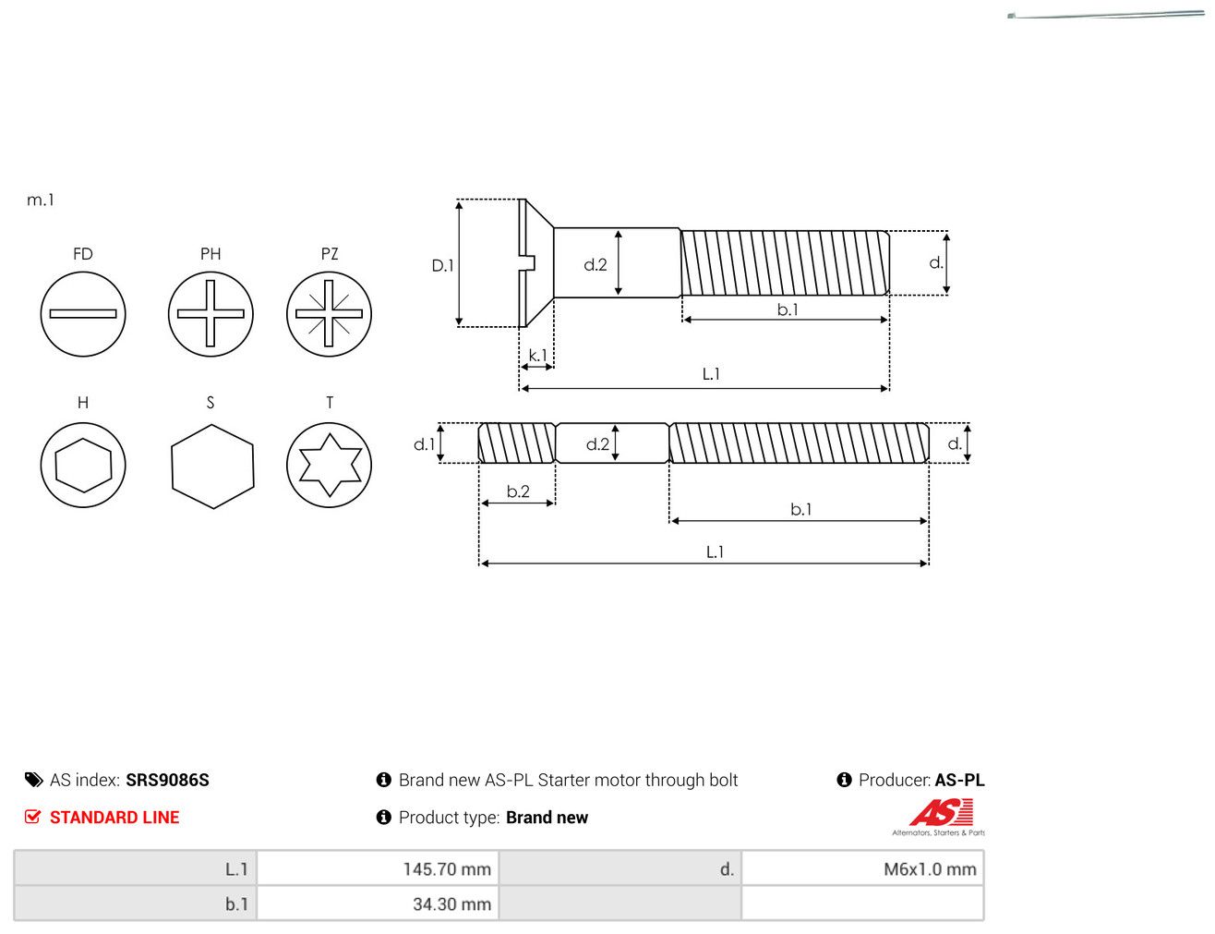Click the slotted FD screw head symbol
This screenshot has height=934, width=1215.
click(x=83, y=314)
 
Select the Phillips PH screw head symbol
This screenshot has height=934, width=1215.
click(x=211, y=314)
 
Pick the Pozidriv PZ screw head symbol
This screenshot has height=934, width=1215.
click(x=329, y=314)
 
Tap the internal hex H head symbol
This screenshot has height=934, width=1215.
click(x=83, y=465)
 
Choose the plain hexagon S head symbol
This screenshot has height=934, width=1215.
click(x=212, y=467)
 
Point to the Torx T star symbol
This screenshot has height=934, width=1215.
click(x=329, y=465)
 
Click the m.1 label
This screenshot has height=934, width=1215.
click(x=41, y=200)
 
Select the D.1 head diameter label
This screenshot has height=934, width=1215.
click(x=442, y=266)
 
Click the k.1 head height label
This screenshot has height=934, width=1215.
click(x=537, y=355)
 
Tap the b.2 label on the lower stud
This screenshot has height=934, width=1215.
click(x=518, y=491)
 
